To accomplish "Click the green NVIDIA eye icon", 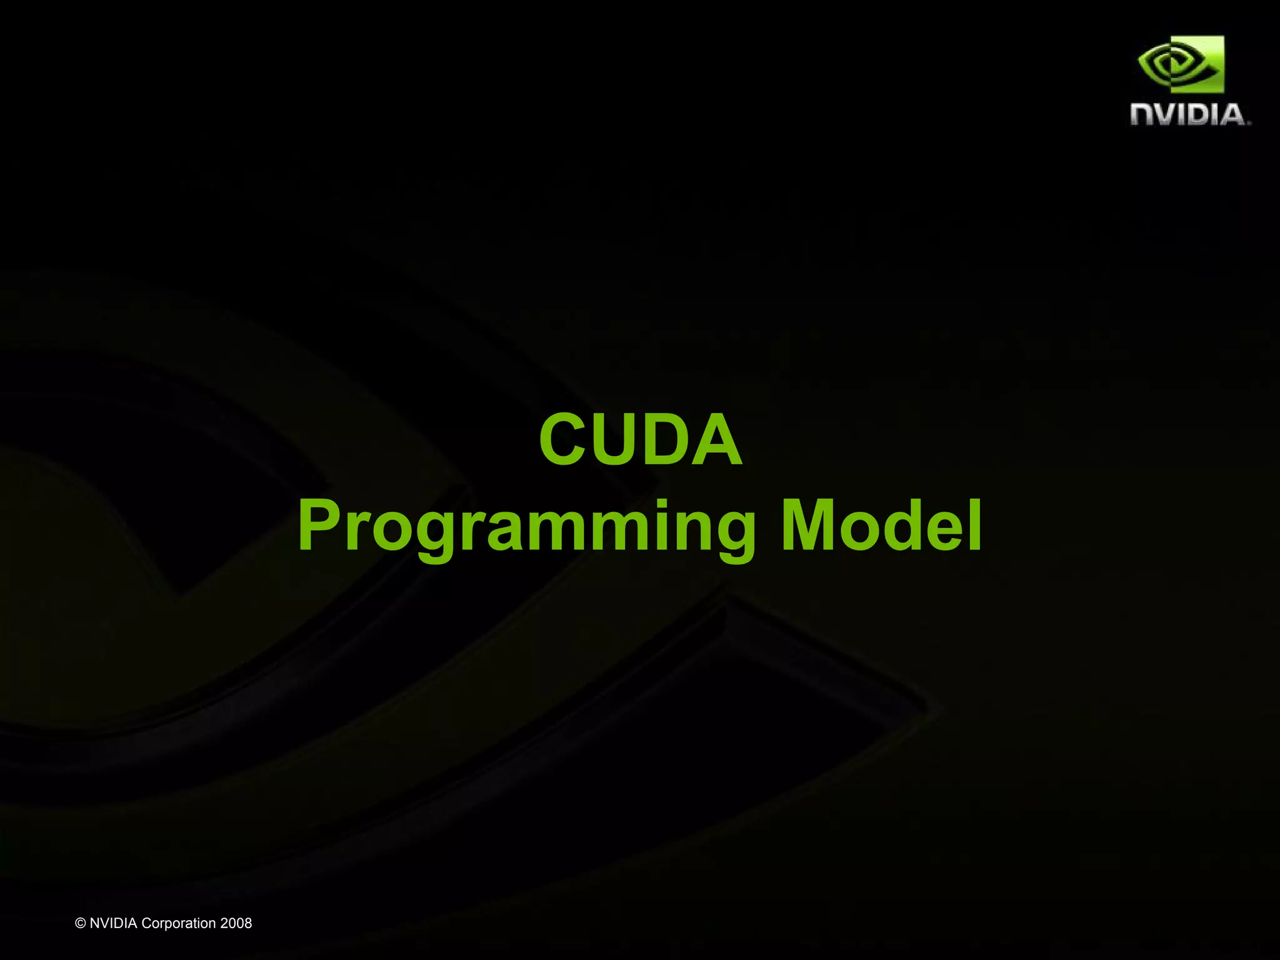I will tap(1180, 64).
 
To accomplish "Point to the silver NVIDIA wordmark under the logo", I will tap(1189, 115).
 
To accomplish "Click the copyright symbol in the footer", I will tap(80, 923).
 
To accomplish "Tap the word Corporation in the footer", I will tap(179, 923).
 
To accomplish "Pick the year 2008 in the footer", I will tap(236, 923).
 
